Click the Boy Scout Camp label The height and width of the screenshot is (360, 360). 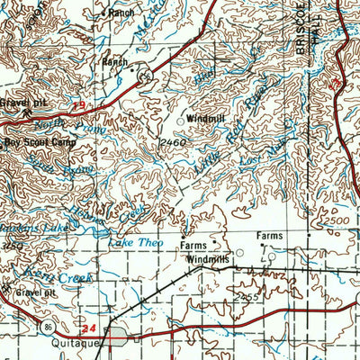pyautogui.click(x=33, y=141)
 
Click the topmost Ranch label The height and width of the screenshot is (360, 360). pyautogui.click(x=120, y=13)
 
